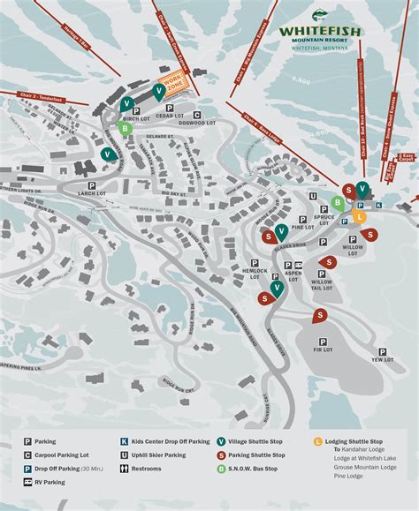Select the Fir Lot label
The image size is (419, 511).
click(x=323, y=350)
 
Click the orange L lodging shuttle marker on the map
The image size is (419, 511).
click(x=359, y=215)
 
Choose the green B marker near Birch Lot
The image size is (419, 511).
click(x=126, y=127)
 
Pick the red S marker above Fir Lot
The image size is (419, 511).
click(x=319, y=315)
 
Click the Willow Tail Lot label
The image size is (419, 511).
click(x=322, y=285)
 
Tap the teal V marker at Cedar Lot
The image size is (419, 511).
click(x=159, y=91)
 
